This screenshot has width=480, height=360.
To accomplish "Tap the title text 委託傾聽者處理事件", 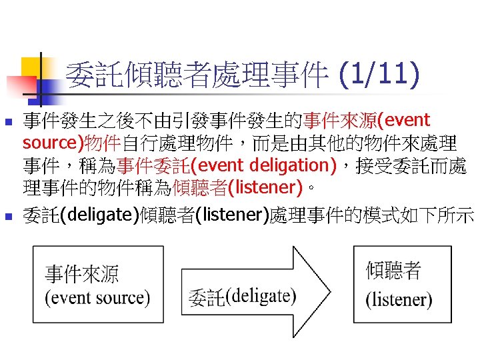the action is pos(197,74).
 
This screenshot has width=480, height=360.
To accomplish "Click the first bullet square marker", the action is pos(9,123).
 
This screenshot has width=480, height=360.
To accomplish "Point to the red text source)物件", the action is pos(72,143).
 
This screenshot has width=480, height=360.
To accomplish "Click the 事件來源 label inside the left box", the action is pos(81,274).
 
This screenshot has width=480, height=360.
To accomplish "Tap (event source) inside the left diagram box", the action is pos(97,297).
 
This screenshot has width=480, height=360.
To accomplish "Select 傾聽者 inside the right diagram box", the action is pos(393,271).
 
